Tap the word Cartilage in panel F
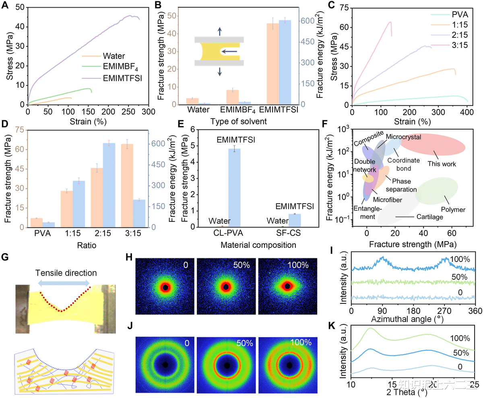429,217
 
